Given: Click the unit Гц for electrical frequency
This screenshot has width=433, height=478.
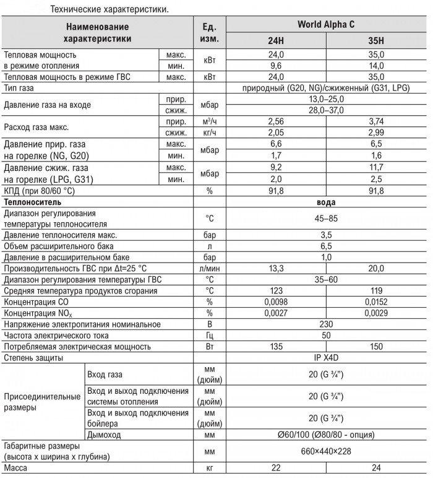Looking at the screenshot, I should tap(209, 336).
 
